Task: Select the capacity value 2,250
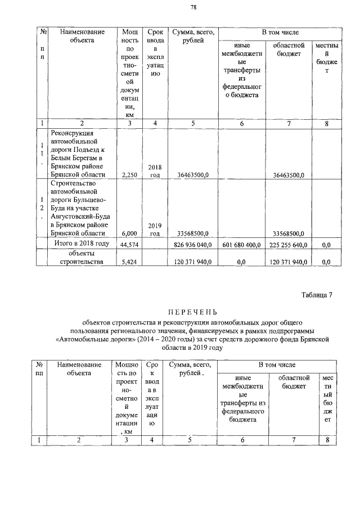(x=130, y=175)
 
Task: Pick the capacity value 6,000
(x=130, y=233)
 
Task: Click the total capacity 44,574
(x=130, y=245)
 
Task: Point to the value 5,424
(x=130, y=262)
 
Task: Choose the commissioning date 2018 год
(x=155, y=171)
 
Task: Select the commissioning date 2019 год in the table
(x=155, y=229)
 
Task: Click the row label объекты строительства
(x=82, y=258)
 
